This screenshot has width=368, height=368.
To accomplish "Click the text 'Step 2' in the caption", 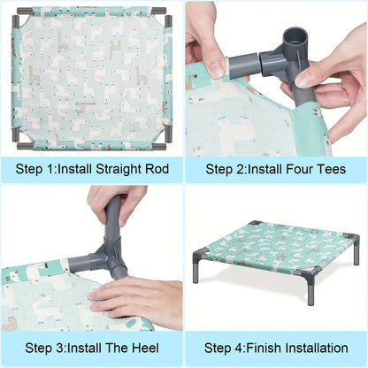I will [x=226, y=169].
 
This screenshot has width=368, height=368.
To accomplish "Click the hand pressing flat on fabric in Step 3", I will [x=133, y=296].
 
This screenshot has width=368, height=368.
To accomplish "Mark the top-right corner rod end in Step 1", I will [x=166, y=11].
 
